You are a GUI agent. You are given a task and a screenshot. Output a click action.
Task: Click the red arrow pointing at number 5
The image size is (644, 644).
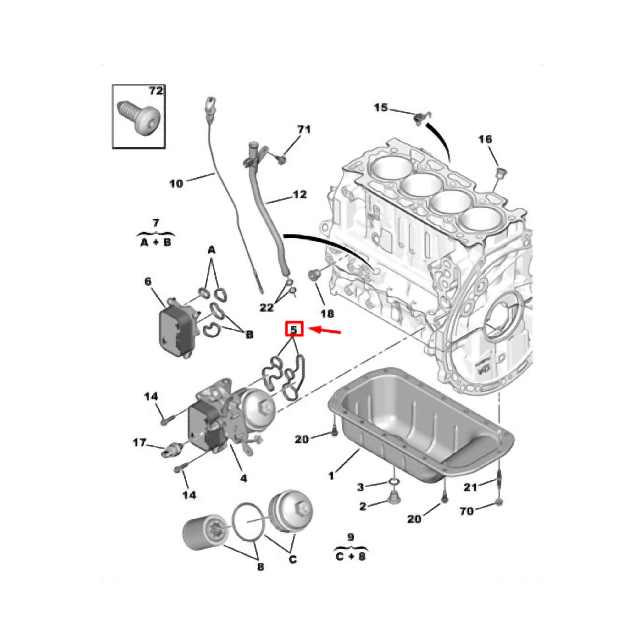tap(324, 331)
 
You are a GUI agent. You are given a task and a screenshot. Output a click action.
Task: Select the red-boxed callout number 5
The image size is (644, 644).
tap(293, 329)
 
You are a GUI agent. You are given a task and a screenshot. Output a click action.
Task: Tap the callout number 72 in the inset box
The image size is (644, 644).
tap(156, 91)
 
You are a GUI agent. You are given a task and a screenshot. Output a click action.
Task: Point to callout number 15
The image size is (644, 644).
tap(381, 107)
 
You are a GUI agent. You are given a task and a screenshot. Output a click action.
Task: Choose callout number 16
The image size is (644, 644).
tap(485, 139)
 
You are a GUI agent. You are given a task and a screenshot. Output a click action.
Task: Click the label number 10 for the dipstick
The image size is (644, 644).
tap(176, 183)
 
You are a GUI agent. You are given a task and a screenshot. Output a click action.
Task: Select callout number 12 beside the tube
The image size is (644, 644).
tap(299, 194)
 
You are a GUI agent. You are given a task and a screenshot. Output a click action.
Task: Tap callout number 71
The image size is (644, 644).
tap(304, 129)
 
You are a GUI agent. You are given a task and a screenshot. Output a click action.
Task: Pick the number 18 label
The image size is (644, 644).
tap(327, 313)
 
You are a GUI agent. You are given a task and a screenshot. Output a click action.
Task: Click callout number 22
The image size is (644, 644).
tap(266, 307)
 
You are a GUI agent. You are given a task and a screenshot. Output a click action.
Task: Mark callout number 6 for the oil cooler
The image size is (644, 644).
tap(148, 282)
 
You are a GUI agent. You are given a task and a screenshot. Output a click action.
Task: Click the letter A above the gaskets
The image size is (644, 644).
tap(212, 250)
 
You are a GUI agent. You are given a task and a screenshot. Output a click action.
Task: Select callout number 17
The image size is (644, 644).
tap(139, 443)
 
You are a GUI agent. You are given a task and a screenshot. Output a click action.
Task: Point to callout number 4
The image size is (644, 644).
tap(244, 478)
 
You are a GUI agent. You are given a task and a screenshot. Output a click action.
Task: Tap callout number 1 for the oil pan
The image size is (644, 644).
tap(331, 476)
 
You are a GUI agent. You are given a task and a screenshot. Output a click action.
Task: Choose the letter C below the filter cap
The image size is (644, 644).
tap(292, 559)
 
